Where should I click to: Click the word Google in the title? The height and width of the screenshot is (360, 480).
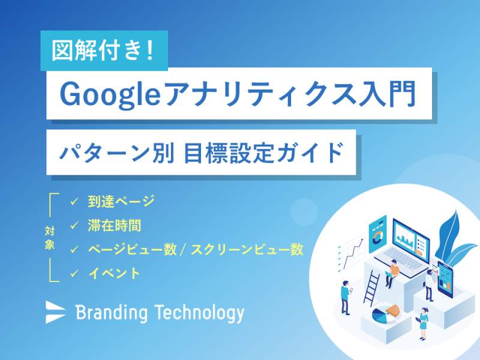click(x=110, y=94)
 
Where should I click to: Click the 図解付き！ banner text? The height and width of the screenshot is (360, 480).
click(x=103, y=50)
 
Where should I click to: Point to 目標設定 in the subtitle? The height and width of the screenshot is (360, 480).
click(x=228, y=152)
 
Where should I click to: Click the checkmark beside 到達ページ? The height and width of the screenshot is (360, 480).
click(x=74, y=202)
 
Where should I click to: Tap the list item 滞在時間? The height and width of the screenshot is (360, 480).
click(x=115, y=226)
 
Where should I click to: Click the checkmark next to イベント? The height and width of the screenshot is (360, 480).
click(x=74, y=273)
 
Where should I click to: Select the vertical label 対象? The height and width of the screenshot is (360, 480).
click(x=50, y=238)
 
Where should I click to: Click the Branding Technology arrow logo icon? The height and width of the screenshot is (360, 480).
click(x=55, y=312)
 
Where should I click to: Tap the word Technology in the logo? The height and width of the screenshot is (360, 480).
click(x=199, y=313)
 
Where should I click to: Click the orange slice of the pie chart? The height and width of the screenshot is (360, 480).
click(x=394, y=310)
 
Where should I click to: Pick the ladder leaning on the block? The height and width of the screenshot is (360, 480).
click(x=371, y=288)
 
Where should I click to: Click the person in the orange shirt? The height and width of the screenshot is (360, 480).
click(x=392, y=273)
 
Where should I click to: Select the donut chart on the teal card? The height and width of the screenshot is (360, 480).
click(x=377, y=237)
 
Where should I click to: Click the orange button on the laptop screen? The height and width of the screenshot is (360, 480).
click(x=419, y=252)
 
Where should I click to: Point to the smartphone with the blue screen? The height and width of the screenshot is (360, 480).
click(x=445, y=279)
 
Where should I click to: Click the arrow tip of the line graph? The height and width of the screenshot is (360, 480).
click(x=363, y=239)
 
